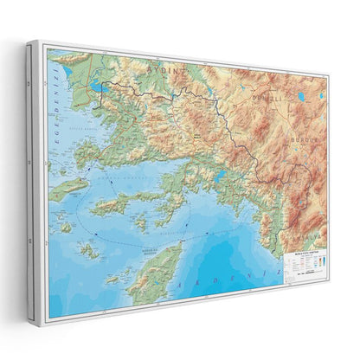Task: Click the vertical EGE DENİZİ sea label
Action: coord(55,109)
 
